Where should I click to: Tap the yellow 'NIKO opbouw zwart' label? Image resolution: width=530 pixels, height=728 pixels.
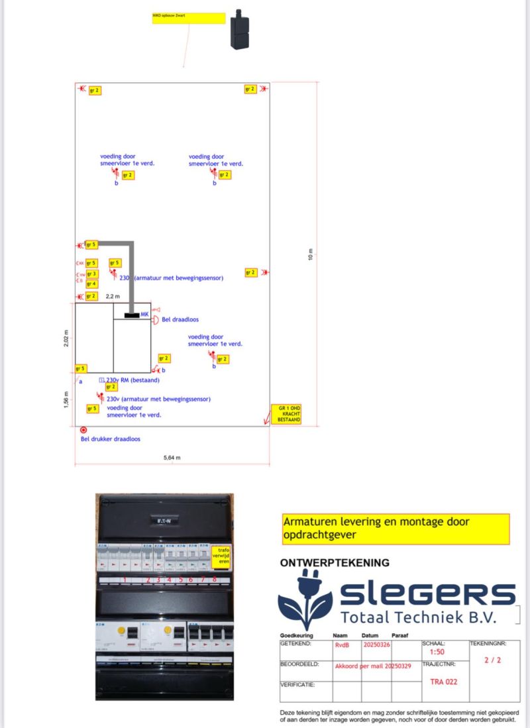coord(189,18)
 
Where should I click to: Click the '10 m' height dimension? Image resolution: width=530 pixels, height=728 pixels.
coord(311,255)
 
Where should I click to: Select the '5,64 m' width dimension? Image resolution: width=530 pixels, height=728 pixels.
coord(172,458)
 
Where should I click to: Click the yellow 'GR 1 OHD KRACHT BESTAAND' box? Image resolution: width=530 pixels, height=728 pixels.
coord(286,413)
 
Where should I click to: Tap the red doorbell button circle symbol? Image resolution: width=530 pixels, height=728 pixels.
coord(83,430)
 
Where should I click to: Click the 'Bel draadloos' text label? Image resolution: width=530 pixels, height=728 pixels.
coord(180,319)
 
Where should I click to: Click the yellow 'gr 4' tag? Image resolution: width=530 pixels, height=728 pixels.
coord(91,284)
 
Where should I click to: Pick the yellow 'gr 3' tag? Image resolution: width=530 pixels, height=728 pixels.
coord(91,274)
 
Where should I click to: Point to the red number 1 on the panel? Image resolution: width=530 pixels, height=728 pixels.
coord(125,580)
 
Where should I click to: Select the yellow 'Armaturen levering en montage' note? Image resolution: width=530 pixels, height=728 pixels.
coord(395,529)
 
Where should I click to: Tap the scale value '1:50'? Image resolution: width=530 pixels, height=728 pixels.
coord(437,652)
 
